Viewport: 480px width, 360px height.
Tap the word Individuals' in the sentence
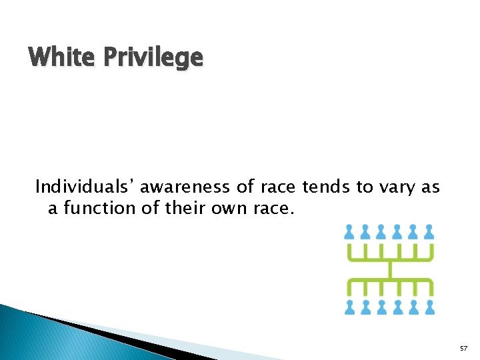(87, 187)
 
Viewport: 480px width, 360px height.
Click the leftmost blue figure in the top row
(349, 231)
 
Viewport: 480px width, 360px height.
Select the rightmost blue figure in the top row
(429, 231)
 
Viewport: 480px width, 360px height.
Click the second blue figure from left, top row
(365, 231)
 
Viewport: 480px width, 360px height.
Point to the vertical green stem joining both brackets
(390, 269)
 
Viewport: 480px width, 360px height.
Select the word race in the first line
(279, 187)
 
